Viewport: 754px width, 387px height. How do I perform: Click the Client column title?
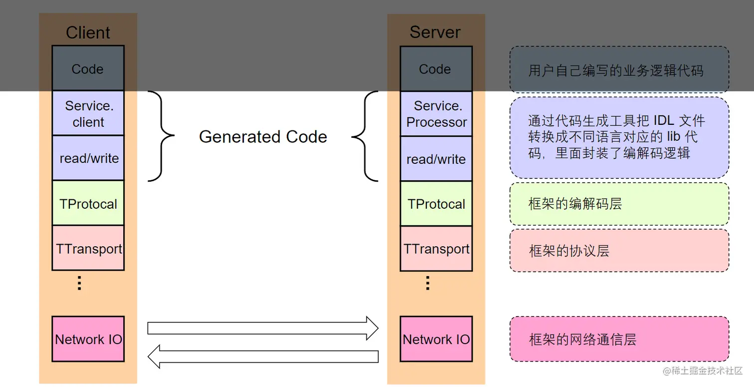click(88, 32)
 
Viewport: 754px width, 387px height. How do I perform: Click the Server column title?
click(435, 32)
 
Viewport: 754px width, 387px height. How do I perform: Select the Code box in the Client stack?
click(88, 68)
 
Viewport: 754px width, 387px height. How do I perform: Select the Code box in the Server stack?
click(436, 69)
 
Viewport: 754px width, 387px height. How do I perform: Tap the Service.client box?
click(88, 113)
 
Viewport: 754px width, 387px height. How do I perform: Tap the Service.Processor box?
click(436, 114)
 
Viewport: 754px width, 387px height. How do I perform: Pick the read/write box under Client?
click(88, 158)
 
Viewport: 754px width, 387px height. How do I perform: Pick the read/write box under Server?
click(436, 159)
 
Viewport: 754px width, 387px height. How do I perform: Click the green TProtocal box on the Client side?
click(88, 203)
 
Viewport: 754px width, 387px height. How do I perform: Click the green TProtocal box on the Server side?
click(436, 203)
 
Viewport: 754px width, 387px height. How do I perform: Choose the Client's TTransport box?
click(88, 248)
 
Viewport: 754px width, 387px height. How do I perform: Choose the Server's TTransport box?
click(436, 248)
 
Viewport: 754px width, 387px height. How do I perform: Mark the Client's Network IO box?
click(88, 339)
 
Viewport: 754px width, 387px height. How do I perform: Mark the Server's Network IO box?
click(436, 339)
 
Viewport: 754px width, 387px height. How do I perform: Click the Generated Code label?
click(263, 137)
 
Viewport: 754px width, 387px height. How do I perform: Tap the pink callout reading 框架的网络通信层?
click(619, 339)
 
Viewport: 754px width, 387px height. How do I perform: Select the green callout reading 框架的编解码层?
click(619, 204)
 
